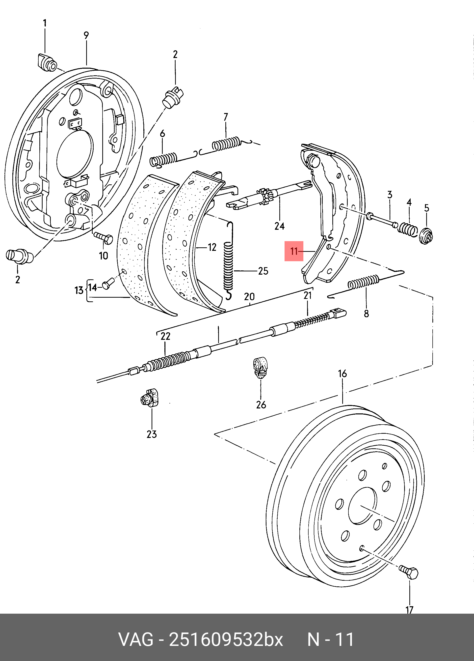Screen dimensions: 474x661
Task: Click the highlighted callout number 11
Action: coord(294,251)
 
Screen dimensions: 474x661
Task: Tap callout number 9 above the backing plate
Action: coord(86,35)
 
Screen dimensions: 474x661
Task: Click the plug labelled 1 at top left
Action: coord(47,62)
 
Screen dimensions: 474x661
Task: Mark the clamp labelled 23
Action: coord(149,397)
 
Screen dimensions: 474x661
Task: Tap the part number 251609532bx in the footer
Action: coord(226,640)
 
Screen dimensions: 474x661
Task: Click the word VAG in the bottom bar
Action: coord(135,640)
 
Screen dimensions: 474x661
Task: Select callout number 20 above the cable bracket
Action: coord(249,297)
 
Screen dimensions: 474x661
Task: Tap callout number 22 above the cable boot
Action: coord(165,336)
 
